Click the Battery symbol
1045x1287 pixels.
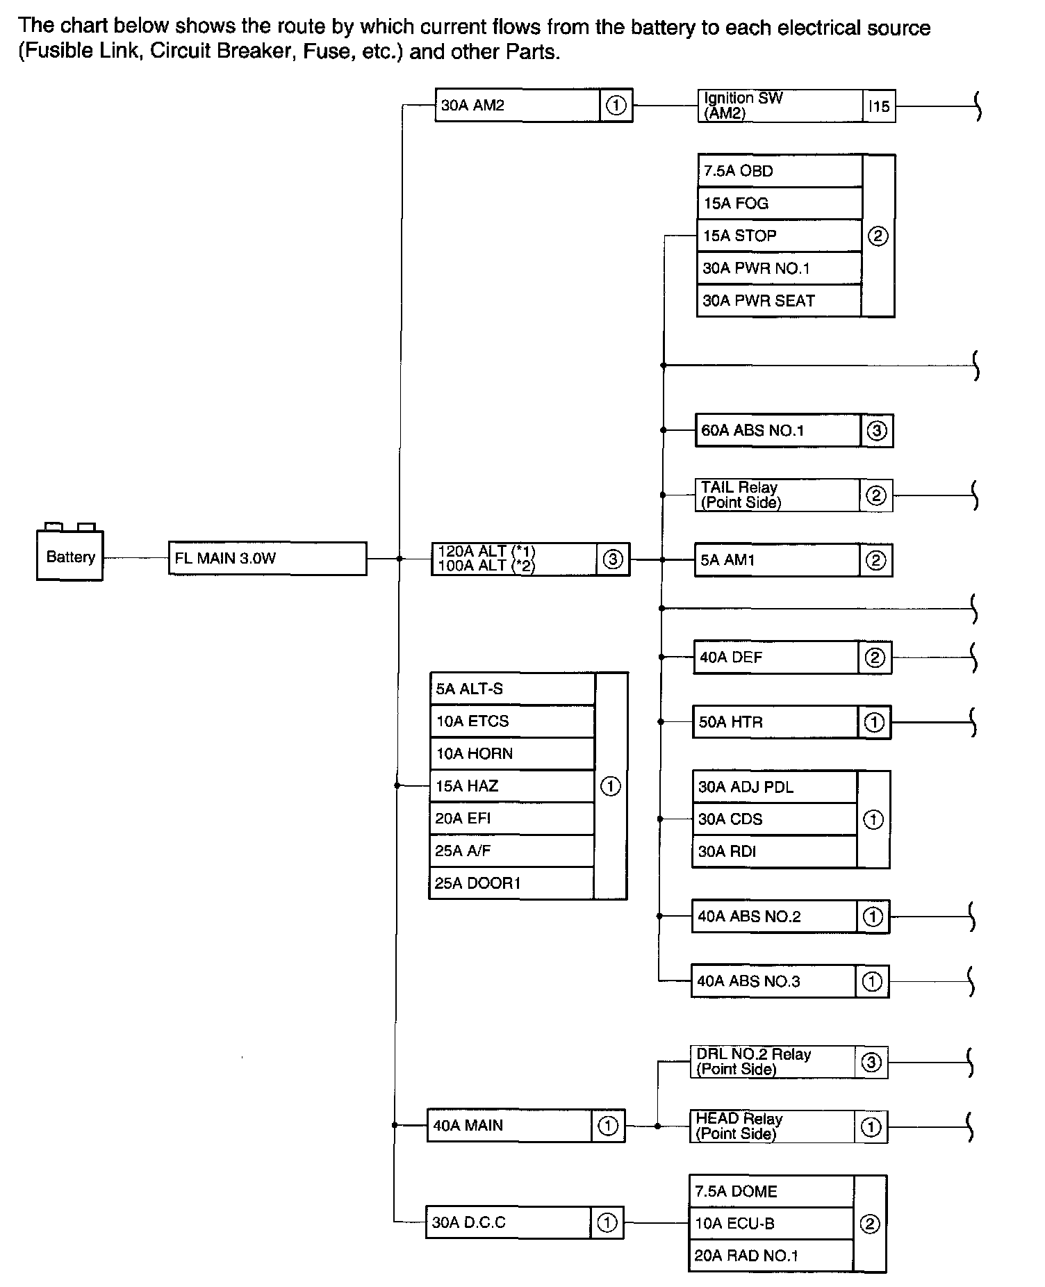tap(69, 555)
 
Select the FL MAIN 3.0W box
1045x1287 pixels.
tap(267, 559)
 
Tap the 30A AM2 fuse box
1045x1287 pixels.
tap(517, 106)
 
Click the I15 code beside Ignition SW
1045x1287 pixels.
tap(879, 106)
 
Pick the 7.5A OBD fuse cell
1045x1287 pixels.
tap(779, 171)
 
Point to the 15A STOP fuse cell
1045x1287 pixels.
tap(779, 236)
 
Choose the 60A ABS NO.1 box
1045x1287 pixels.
tap(777, 431)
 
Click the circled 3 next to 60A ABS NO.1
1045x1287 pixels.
tap(877, 431)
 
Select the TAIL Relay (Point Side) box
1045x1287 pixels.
tap(777, 495)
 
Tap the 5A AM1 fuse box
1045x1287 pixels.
tap(777, 560)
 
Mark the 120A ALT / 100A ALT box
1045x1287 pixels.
tap(513, 559)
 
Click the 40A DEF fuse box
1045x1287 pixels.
tap(775, 657)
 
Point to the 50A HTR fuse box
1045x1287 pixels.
tap(775, 722)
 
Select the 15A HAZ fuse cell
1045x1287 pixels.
tap(512, 786)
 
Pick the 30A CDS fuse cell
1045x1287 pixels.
tap(774, 819)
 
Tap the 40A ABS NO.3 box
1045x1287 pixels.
tap(773, 981)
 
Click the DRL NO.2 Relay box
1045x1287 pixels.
tap(772, 1062)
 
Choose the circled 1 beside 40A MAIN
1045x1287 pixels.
tap(608, 1126)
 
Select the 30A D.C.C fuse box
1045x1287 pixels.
tap(508, 1222)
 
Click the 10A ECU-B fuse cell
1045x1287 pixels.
tap(771, 1223)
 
